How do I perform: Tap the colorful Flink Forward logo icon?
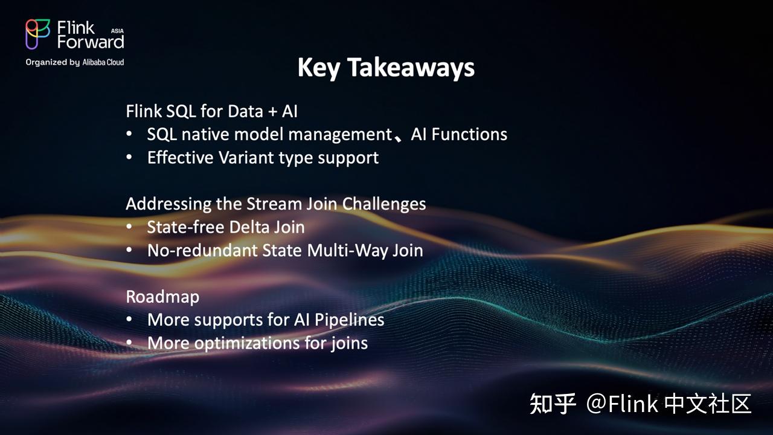[x=38, y=34]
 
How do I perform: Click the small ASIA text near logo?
[x=117, y=30]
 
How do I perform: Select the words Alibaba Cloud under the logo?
[x=103, y=62]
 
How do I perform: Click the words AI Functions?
[x=458, y=134]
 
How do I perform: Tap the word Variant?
[x=246, y=158]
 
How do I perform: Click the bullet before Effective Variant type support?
[x=129, y=158]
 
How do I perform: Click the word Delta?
[x=255, y=227]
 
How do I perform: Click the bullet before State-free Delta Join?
[x=129, y=228]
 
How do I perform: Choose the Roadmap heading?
[x=162, y=297]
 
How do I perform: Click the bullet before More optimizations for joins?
[x=129, y=343]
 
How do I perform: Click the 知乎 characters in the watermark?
[x=553, y=404]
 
